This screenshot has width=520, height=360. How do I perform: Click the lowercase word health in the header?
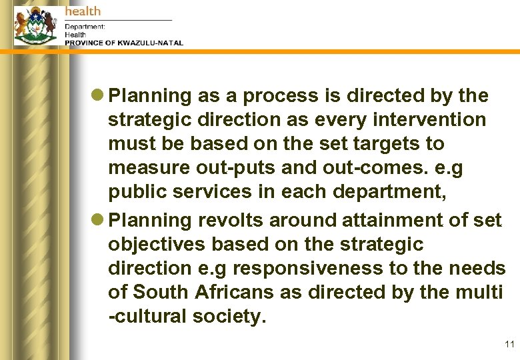[x=83, y=11]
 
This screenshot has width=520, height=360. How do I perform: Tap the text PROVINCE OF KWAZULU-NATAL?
[x=123, y=43]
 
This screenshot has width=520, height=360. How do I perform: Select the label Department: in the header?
[x=85, y=27]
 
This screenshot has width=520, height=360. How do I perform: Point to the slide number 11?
[x=510, y=345]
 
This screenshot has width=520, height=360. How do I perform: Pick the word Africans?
[x=237, y=292]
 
